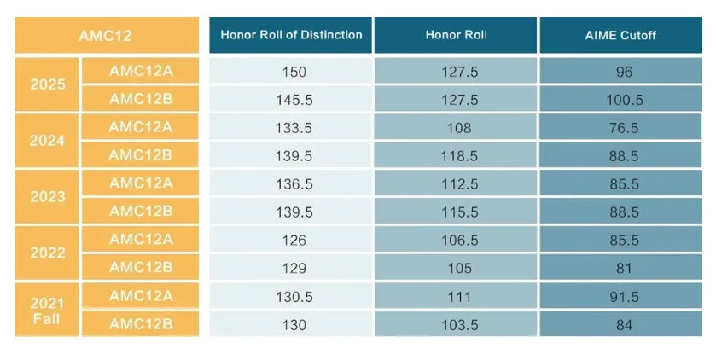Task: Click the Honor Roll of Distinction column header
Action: (x=291, y=35)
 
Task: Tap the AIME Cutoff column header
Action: (x=620, y=35)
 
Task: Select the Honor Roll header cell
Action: (x=457, y=35)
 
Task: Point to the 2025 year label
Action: (x=48, y=84)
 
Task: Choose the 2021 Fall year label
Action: (x=47, y=311)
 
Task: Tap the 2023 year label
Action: (x=48, y=197)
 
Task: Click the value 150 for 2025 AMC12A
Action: (x=294, y=73)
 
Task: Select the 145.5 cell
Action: (x=294, y=100)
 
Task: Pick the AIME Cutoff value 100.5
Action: (x=624, y=100)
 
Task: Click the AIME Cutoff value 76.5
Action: (x=624, y=128)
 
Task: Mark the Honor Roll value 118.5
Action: (x=459, y=156)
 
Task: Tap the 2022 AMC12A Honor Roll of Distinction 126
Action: (x=294, y=241)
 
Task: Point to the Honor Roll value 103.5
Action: (x=459, y=325)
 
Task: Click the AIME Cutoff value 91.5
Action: (x=624, y=297)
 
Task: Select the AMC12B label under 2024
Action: (x=140, y=155)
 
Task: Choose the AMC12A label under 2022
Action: (x=141, y=239)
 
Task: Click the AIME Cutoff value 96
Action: (x=624, y=73)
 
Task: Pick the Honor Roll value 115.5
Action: (x=459, y=212)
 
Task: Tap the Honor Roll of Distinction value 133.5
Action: (x=294, y=128)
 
